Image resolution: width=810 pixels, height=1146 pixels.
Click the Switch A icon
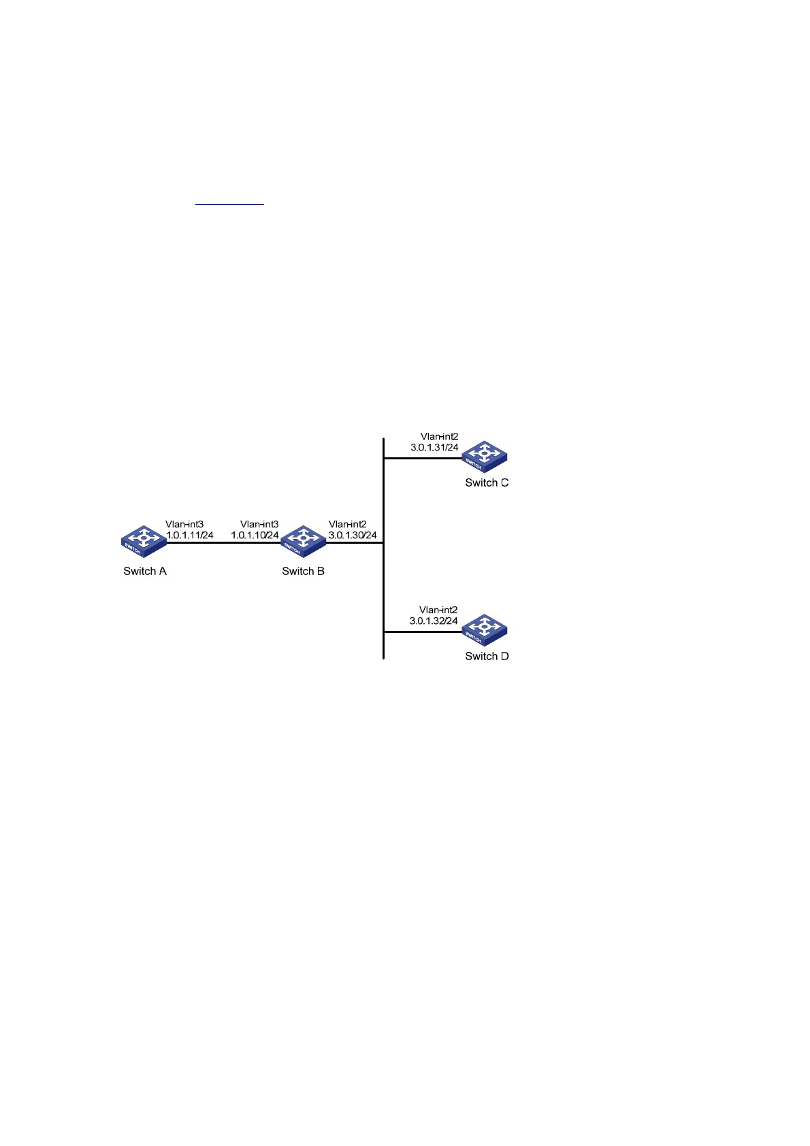point(144,542)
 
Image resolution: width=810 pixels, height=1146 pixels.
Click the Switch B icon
point(303,542)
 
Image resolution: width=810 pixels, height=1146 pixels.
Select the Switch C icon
point(485,457)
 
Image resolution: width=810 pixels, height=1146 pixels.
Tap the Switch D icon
point(485,630)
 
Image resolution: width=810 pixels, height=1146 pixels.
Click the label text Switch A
point(145,571)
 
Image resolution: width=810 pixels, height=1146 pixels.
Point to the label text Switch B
point(303,571)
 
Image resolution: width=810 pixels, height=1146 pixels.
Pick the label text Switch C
point(487,482)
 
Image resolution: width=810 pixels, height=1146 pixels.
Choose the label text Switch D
point(487,656)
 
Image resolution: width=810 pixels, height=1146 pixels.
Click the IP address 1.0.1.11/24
point(190,536)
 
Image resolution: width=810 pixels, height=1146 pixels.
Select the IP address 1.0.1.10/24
point(255,536)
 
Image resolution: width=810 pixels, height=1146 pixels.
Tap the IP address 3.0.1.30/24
point(353,536)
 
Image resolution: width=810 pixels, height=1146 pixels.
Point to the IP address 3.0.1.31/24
point(434,448)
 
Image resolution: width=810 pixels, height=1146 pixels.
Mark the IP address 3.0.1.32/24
point(434,621)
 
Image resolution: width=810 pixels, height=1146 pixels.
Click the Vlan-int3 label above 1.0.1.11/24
point(184,525)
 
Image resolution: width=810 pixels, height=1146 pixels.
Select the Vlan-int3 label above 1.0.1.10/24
point(259,525)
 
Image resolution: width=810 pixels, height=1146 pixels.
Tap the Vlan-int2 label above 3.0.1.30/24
point(348,525)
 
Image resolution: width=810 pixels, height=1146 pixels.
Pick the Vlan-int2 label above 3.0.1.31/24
point(439,437)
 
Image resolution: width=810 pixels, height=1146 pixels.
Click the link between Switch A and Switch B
point(223,543)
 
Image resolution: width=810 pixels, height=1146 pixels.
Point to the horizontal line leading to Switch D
point(422,632)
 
